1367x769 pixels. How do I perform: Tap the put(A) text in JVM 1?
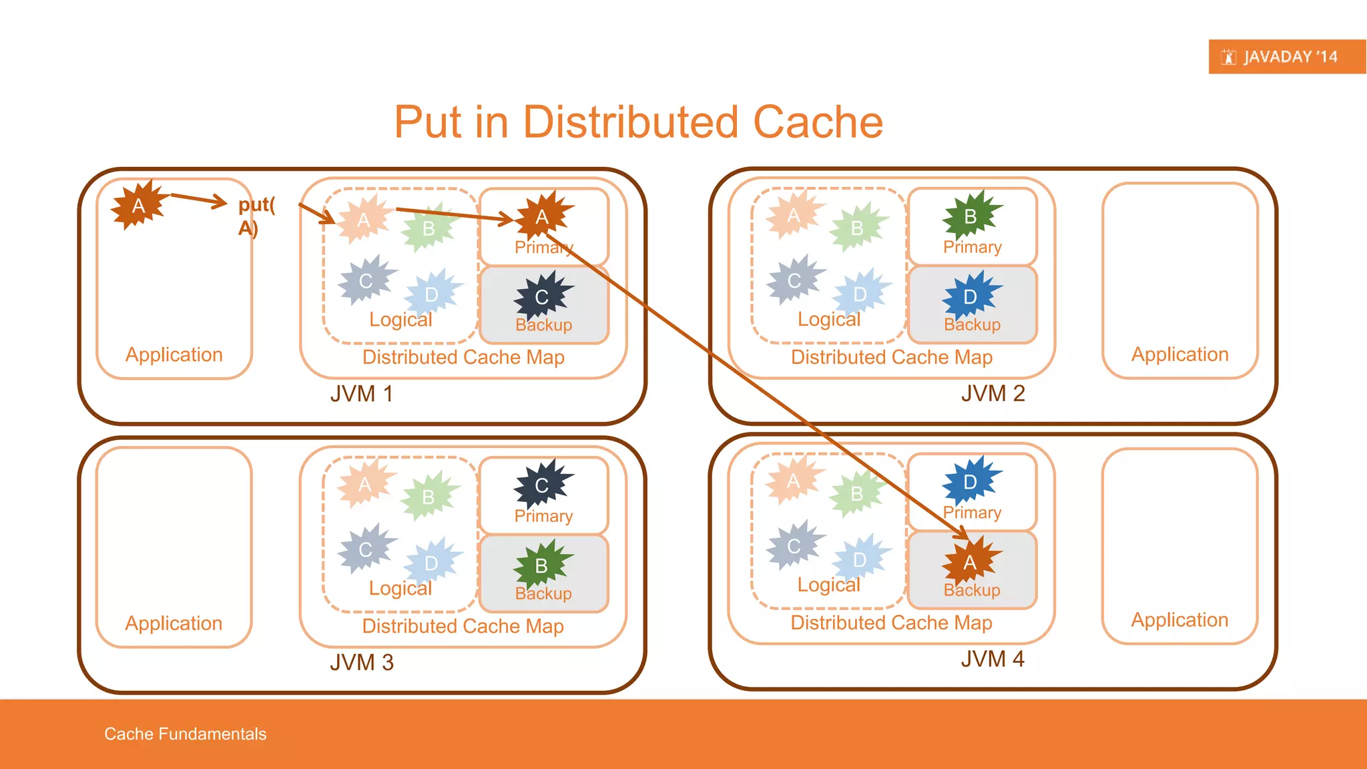[256, 216]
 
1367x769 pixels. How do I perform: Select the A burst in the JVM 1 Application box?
[138, 205]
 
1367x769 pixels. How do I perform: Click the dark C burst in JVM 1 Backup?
[542, 296]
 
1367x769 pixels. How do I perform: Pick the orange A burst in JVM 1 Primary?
[542, 216]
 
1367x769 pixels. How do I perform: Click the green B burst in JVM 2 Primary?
[971, 216]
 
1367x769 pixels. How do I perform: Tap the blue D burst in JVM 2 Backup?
[971, 296]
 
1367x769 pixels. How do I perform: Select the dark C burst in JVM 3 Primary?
[542, 485]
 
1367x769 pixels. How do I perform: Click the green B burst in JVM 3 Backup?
[541, 565]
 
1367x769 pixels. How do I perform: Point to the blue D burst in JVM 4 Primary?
[971, 482]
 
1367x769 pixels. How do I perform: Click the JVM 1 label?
[361, 394]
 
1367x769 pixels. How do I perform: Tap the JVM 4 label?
[993, 659]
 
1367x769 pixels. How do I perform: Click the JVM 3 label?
[361, 662]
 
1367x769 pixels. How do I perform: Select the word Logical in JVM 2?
[829, 319]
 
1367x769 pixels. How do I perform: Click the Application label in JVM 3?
[174, 623]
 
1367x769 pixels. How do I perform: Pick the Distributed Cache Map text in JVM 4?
[891, 622]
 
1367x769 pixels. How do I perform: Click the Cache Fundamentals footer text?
[185, 734]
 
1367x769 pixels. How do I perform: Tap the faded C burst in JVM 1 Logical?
[365, 280]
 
